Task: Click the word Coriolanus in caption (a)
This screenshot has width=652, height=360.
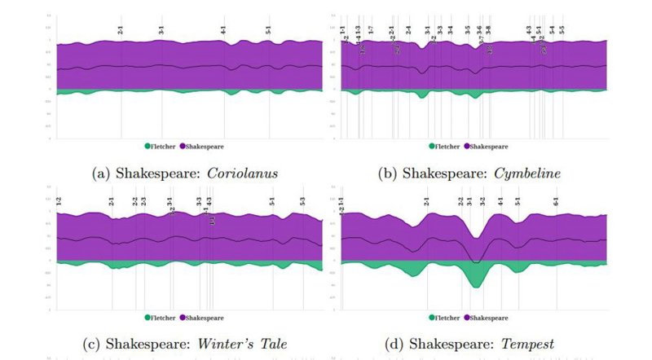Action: tap(241, 173)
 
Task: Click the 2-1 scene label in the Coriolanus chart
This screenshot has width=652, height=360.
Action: tap(121, 31)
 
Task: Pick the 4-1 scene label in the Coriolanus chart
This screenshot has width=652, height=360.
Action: tap(223, 31)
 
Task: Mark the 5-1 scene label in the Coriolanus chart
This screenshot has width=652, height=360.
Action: tap(269, 31)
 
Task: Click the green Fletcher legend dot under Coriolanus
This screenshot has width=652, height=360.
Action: tap(148, 147)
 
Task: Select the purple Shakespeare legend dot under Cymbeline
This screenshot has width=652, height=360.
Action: tap(467, 147)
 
